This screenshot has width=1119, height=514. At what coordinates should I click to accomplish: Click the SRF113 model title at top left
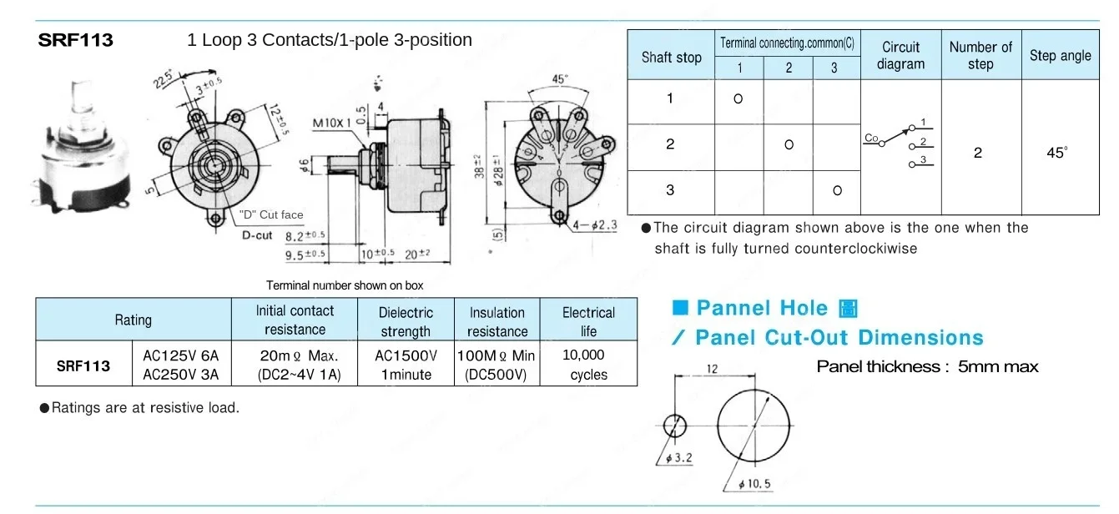[75, 40]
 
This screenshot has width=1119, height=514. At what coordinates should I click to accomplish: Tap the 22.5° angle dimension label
[163, 78]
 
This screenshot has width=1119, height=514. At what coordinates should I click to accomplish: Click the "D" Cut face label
[271, 214]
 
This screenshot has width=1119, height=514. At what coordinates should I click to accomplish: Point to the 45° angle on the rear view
[561, 79]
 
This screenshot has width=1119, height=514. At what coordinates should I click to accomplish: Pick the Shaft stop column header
[671, 58]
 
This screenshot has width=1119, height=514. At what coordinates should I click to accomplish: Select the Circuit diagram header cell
[900, 55]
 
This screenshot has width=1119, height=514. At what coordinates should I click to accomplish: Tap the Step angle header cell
[1060, 56]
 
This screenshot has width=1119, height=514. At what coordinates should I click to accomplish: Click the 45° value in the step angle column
[1058, 154]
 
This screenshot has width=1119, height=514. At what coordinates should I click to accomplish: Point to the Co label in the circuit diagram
[871, 140]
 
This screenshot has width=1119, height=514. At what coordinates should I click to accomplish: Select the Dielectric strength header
[406, 321]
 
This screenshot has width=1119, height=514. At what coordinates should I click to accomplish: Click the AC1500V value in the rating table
[406, 355]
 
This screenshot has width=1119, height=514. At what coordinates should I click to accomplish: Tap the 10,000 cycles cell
[587, 365]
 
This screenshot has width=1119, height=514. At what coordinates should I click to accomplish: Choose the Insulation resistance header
[496, 321]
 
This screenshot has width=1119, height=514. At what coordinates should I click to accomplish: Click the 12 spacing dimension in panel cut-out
[712, 368]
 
